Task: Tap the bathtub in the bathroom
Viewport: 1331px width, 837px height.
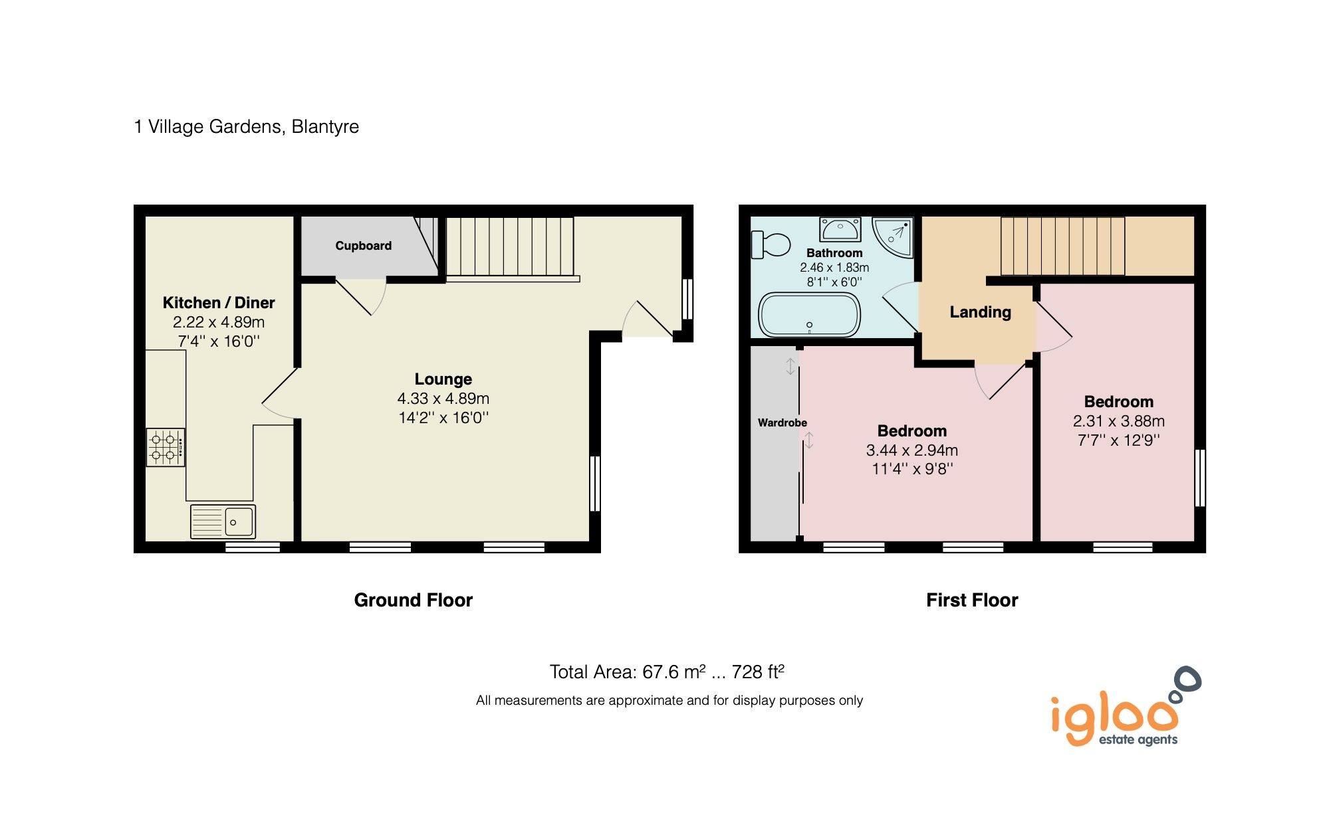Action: click(810, 315)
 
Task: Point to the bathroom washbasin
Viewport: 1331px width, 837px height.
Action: click(840, 229)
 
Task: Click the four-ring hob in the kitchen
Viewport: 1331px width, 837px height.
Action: click(166, 447)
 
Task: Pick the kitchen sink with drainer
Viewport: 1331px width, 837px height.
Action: click(223, 521)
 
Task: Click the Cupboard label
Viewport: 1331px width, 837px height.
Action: click(363, 246)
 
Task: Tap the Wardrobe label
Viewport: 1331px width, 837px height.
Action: click(782, 422)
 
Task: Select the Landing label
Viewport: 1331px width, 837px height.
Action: click(980, 312)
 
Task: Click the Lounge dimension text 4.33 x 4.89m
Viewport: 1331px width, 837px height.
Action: click(443, 399)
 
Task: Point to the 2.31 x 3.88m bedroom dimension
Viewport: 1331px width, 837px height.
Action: click(1118, 421)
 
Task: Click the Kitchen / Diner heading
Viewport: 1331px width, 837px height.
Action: click(219, 303)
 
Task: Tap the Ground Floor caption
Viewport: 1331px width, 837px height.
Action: click(413, 600)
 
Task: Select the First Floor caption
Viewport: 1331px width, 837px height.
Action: click(971, 600)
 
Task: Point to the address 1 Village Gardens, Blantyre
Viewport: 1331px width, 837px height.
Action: click(247, 127)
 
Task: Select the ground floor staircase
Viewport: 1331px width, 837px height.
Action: click(509, 246)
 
